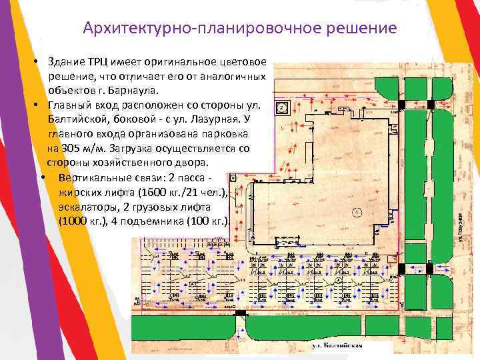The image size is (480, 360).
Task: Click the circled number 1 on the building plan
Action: click(358, 213)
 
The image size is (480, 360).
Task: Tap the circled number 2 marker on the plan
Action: click(282, 107)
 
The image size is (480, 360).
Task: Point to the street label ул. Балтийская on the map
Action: click(338, 345)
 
